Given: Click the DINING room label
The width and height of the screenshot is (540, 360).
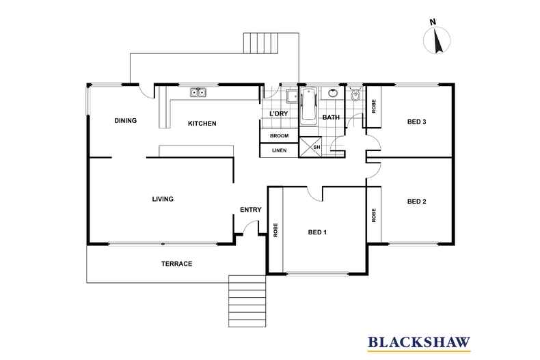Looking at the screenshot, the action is (125, 120).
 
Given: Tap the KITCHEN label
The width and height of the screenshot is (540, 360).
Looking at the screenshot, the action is (202, 123).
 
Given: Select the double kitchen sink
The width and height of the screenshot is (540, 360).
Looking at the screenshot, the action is (198, 92).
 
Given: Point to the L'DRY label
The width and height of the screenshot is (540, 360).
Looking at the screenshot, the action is (279, 113).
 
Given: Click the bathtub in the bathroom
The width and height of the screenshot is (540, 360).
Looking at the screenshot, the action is (308, 105).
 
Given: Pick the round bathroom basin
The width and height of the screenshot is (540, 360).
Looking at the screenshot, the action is (332, 93).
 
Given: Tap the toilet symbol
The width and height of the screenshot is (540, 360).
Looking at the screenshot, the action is (355, 94).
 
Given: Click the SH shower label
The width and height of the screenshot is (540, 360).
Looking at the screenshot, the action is (316, 147).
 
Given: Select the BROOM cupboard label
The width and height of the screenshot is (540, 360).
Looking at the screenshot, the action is (280, 136).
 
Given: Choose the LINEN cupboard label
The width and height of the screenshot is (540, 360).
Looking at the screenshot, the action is (280, 150).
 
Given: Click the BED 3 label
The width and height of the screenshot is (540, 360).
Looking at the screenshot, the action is (417, 122).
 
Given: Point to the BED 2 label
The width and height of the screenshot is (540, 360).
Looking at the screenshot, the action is (417, 202).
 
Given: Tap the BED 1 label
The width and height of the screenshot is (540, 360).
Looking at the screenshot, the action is (317, 232).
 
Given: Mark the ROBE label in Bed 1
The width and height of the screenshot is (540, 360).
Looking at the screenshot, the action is (275, 230).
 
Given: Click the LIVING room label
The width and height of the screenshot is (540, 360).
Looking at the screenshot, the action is (163, 199).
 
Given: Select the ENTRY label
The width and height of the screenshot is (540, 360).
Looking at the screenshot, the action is (251, 210).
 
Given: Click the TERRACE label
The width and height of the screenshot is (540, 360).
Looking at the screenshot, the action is (176, 264).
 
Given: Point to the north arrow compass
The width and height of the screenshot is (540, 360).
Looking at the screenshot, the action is (436, 39).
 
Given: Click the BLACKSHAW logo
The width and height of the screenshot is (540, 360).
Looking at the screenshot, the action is (419, 342).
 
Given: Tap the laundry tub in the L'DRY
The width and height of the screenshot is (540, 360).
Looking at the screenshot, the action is (293, 96).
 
